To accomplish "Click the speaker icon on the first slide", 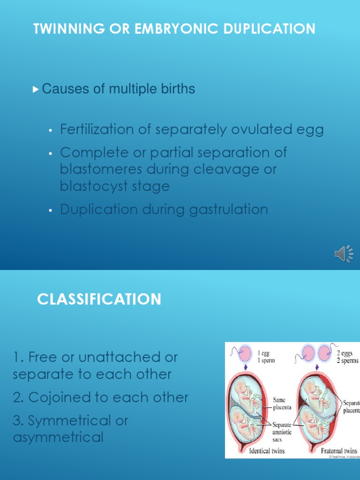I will pyautogui.click(x=344, y=254).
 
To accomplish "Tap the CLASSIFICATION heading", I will pyautogui.click(x=99, y=299).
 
